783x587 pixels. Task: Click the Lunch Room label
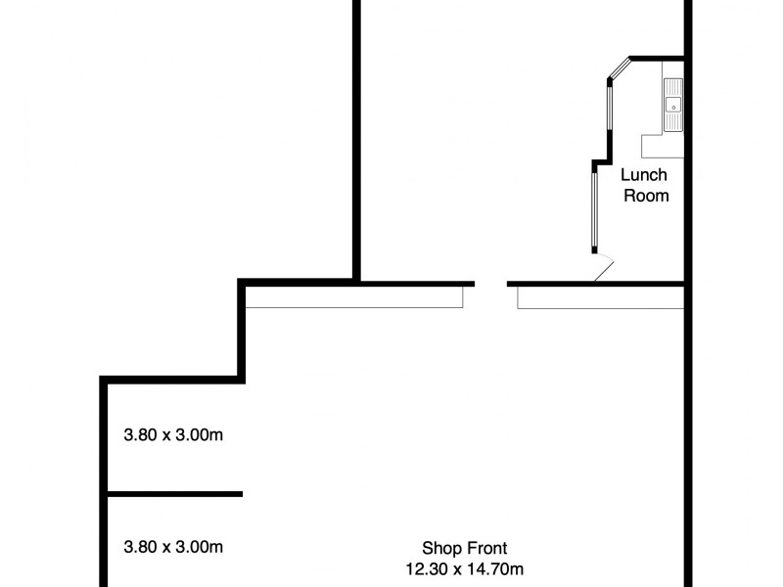[645, 185]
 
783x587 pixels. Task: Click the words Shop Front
[465, 548]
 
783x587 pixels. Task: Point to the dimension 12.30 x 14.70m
[465, 566]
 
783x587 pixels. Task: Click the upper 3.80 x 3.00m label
[173, 434]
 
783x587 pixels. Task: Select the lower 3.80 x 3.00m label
[173, 546]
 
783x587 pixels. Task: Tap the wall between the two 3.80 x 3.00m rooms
[173, 494]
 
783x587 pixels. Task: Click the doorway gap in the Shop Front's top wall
[491, 285]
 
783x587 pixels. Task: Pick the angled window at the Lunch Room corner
[619, 68]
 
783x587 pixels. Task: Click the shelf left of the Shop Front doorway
[354, 297]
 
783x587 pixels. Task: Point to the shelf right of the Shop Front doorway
[599, 297]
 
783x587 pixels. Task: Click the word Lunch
[645, 175]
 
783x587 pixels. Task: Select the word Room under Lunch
[645, 196]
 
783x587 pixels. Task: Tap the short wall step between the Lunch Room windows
[599, 161]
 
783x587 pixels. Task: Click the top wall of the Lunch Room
[656, 57]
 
